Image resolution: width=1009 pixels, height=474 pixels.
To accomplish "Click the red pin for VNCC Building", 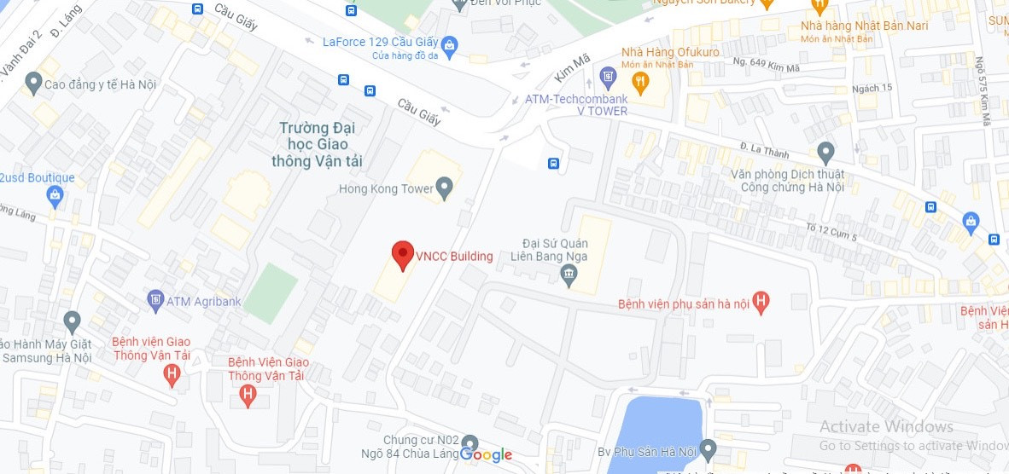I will coord(402,255).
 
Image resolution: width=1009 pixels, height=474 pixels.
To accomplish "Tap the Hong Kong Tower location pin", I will coord(443,187).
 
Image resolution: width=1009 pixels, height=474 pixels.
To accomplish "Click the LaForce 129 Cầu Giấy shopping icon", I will coord(451,43).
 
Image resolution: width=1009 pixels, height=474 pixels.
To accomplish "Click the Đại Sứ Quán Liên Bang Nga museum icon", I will coord(569,275).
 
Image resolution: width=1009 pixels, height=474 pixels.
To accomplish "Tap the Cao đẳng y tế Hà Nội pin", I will coord(33,83).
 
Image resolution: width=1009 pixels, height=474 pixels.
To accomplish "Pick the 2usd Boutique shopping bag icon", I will coord(55,195).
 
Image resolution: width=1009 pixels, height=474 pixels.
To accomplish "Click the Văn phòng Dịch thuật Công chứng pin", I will coord(825,153).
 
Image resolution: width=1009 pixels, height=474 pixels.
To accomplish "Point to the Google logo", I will coord(486,454).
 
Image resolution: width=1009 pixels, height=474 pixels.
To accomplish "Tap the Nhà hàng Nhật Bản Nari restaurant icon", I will coord(820,6).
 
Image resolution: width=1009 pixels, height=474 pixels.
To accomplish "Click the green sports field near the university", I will coord(271,292).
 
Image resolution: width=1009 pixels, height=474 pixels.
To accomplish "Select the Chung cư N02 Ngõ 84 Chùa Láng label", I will coord(421,447).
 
